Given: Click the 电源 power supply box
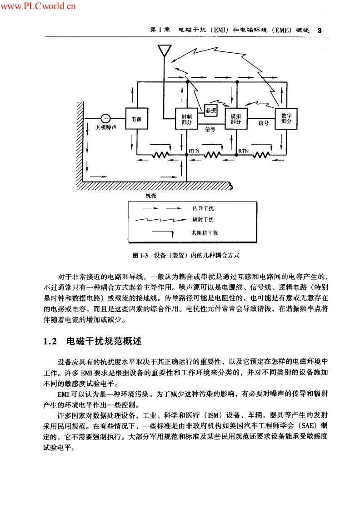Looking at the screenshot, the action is [137, 119].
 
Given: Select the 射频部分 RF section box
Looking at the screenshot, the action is [186, 119].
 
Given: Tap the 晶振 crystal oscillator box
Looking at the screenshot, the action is [211, 110].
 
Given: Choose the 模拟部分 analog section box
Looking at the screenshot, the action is [236, 119].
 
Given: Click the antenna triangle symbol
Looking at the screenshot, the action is [165, 51].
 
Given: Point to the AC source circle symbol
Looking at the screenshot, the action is [105, 119].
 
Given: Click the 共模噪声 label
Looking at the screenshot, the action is [106, 127].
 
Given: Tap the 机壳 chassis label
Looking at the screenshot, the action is [151, 196].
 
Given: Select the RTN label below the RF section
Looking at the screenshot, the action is [194, 151].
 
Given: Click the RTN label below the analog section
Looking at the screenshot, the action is [243, 151].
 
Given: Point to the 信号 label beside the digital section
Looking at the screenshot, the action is [264, 123].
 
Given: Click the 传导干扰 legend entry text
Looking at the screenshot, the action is [203, 208].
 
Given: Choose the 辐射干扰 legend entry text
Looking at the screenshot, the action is [203, 220].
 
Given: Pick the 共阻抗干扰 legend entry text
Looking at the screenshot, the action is [205, 233].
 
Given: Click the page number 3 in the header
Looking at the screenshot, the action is [320, 30].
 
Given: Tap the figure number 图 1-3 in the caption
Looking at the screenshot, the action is [140, 255].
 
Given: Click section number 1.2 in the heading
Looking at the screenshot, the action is [50, 342].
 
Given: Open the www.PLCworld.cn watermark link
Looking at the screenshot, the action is [38, 6].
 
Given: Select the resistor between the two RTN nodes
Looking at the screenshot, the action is [212, 155].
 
